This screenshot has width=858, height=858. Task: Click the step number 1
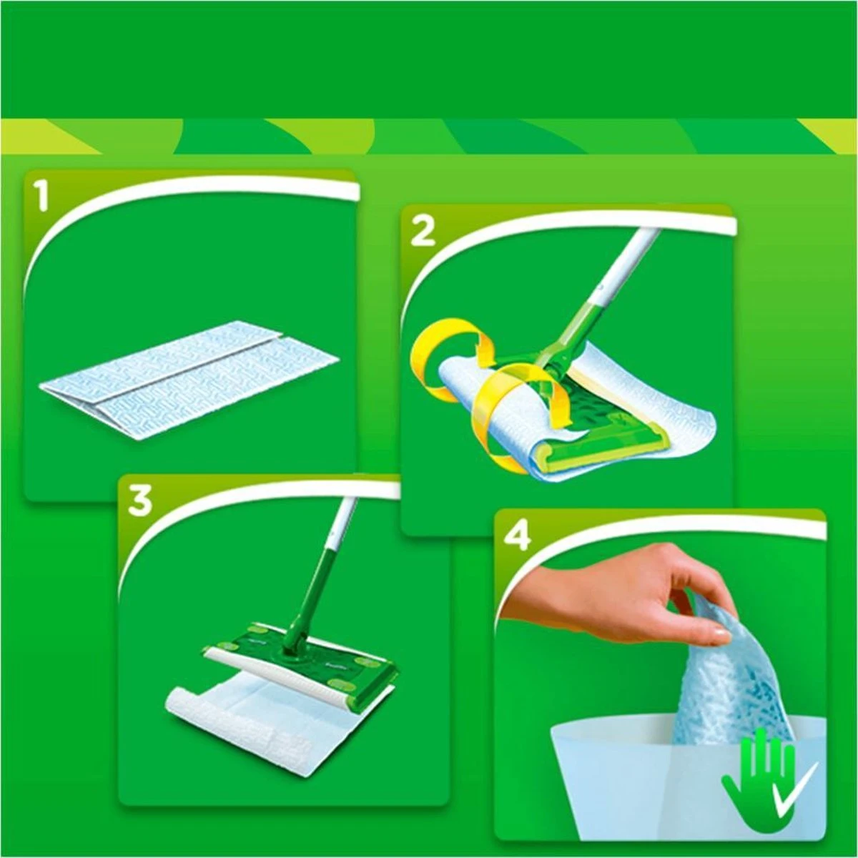(x=43, y=196)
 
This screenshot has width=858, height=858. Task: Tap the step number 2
(x=423, y=231)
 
